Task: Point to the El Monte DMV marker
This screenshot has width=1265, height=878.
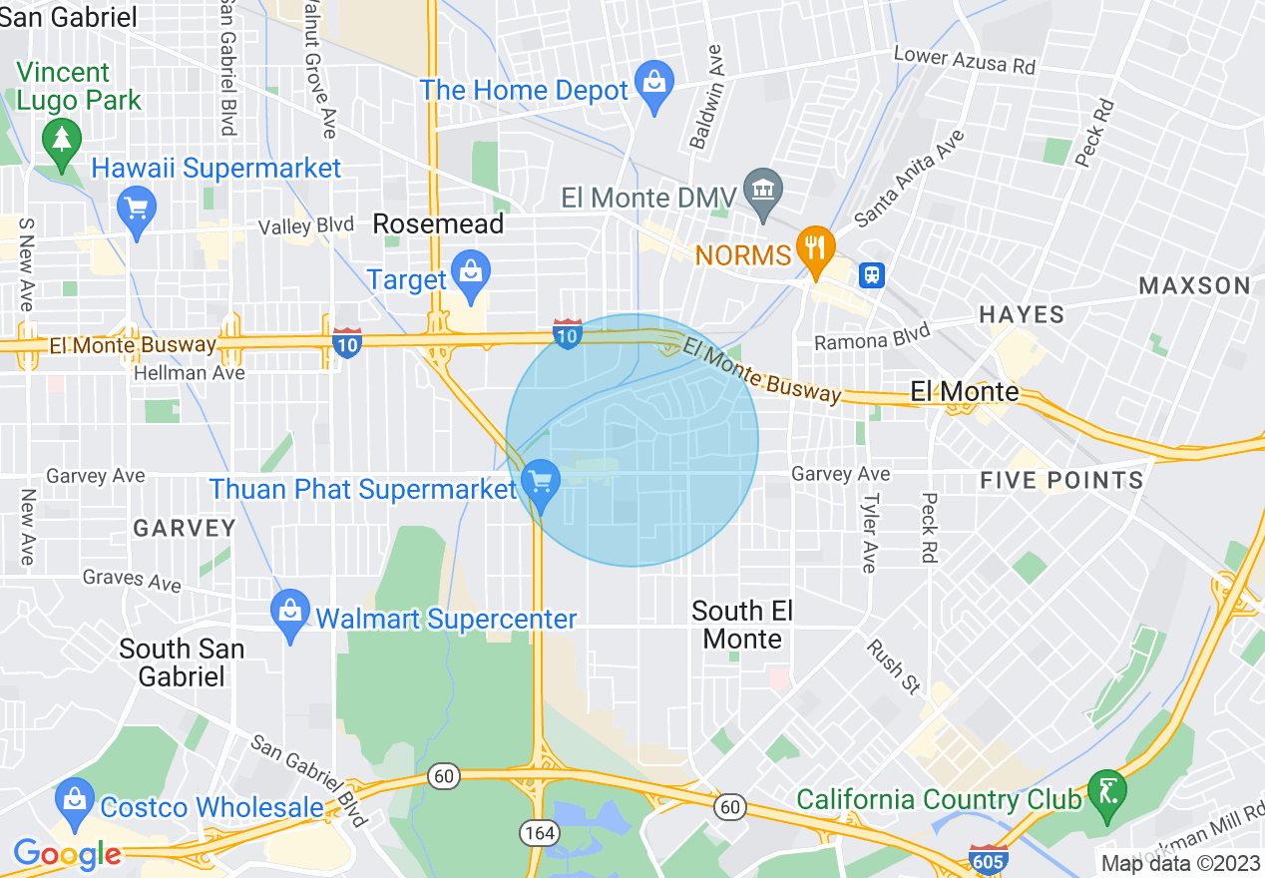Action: point(764,192)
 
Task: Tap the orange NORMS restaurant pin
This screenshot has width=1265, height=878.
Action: point(816,249)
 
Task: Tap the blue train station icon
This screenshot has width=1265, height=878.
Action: point(872,274)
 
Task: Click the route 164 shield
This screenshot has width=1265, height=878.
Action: point(531,831)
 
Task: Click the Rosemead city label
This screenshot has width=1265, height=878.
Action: point(438,224)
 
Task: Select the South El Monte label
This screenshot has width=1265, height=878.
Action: point(742,625)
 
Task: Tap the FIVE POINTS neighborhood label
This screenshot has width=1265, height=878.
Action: point(1061,481)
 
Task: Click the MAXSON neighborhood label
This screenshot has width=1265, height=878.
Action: point(1194,286)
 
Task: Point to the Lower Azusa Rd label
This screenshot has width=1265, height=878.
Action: point(964,60)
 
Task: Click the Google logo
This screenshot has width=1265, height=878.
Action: point(67,854)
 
